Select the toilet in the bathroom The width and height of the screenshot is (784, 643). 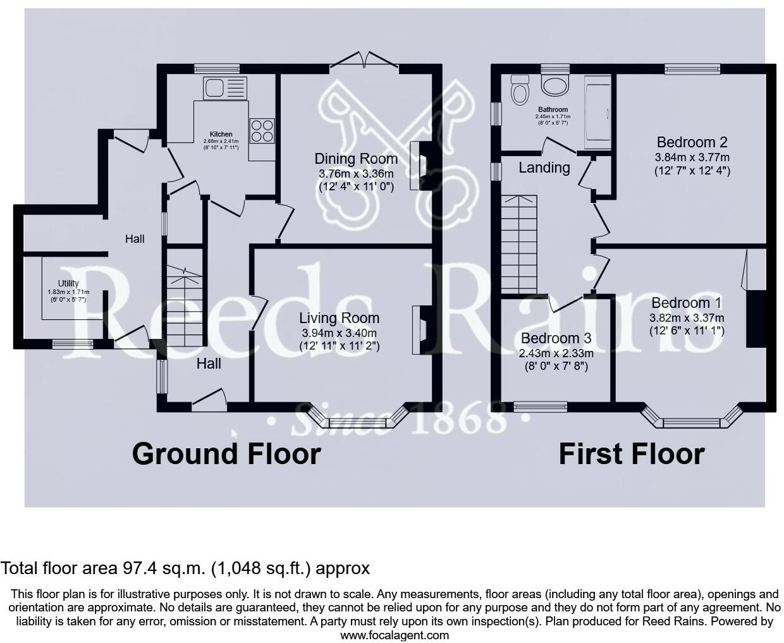click(x=520, y=90)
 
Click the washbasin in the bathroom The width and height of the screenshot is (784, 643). click(x=556, y=85)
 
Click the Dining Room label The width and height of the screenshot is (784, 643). click(x=356, y=159)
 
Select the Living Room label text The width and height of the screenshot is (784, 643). click(x=339, y=318)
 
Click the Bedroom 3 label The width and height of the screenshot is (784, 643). click(x=550, y=338)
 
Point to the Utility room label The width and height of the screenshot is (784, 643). click(x=68, y=283)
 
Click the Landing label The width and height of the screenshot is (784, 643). click(x=544, y=168)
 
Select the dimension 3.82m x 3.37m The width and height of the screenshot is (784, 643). click(x=687, y=318)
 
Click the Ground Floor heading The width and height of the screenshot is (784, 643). click(x=226, y=454)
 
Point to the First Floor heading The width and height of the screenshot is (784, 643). click(x=631, y=454)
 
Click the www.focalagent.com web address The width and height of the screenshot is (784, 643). click(x=395, y=635)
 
